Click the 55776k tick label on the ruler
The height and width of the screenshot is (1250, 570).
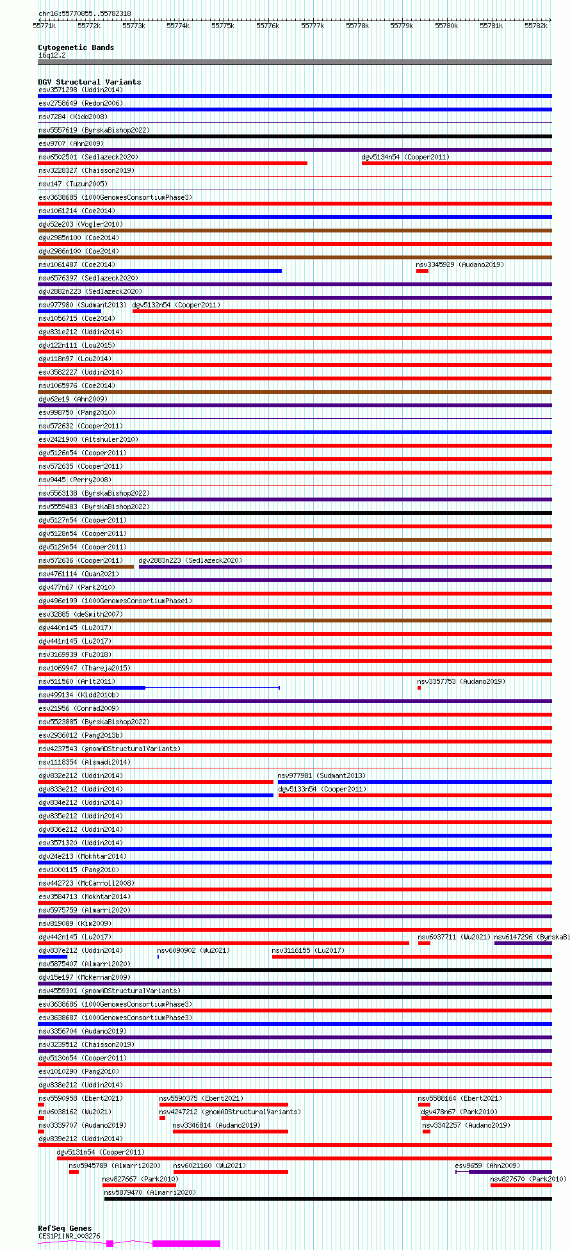pyautogui.click(x=268, y=26)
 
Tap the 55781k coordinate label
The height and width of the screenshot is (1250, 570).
pyautogui.click(x=491, y=26)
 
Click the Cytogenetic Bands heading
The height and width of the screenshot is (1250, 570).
pyautogui.click(x=76, y=47)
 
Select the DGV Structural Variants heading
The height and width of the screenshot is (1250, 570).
pyautogui.click(x=89, y=82)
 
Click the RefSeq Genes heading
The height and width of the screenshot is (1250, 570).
pyautogui.click(x=65, y=1228)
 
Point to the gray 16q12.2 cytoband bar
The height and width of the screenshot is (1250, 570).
pyautogui.click(x=295, y=62)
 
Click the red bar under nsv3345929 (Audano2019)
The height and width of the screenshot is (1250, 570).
pyautogui.click(x=422, y=271)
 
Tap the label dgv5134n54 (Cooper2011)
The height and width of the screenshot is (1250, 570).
pyautogui.click(x=405, y=157)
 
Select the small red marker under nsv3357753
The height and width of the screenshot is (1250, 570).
pyautogui.click(x=419, y=688)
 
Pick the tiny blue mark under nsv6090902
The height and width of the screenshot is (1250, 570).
pyautogui.click(x=158, y=957)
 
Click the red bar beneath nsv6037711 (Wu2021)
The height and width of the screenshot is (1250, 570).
pyautogui.click(x=424, y=943)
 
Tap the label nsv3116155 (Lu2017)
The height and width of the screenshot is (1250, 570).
pyautogui.click(x=307, y=950)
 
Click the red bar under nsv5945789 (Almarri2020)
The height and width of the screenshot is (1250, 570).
pyautogui.click(x=74, y=1172)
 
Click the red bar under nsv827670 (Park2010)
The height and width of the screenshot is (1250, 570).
pyautogui.click(x=521, y=1185)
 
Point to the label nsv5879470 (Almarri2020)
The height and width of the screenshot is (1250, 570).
pyautogui.click(x=150, y=1192)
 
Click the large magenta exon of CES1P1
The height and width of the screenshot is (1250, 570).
pyautogui.click(x=186, y=1244)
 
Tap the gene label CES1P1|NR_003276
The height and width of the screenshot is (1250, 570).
pyautogui.click(x=69, y=1236)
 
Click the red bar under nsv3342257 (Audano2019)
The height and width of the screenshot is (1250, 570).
pyautogui.click(x=427, y=1132)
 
